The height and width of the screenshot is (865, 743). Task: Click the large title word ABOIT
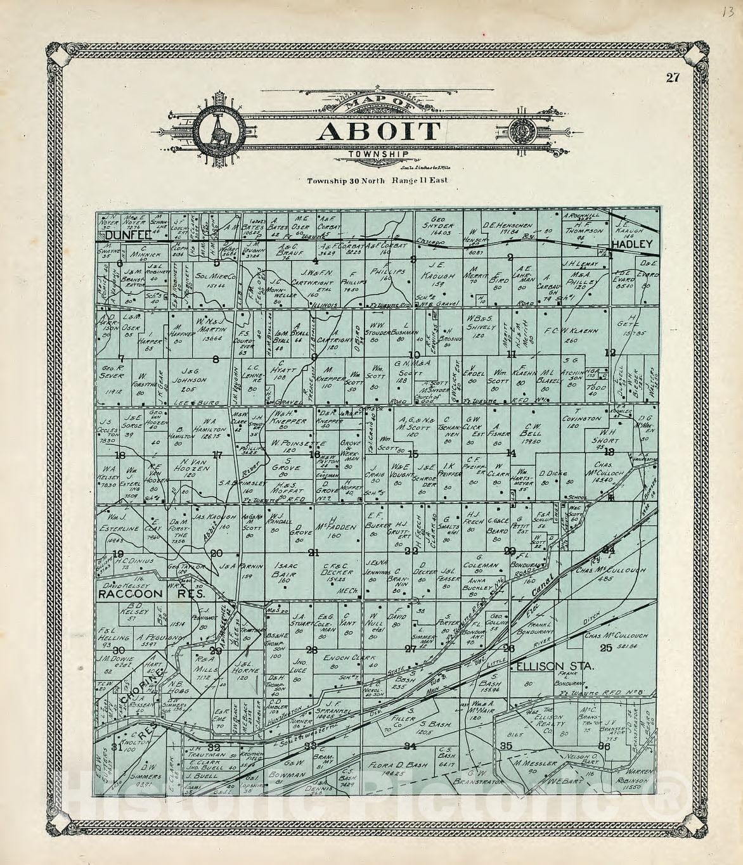pos(378,131)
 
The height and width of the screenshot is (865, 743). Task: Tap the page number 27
pos(673,78)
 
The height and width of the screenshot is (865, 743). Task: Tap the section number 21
pos(313,553)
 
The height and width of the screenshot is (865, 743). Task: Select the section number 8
pos(216,360)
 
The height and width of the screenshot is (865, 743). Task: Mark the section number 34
pos(411,745)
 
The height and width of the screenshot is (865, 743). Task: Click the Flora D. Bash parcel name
pos(387,765)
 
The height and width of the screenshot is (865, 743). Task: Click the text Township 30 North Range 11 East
pos(377,181)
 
